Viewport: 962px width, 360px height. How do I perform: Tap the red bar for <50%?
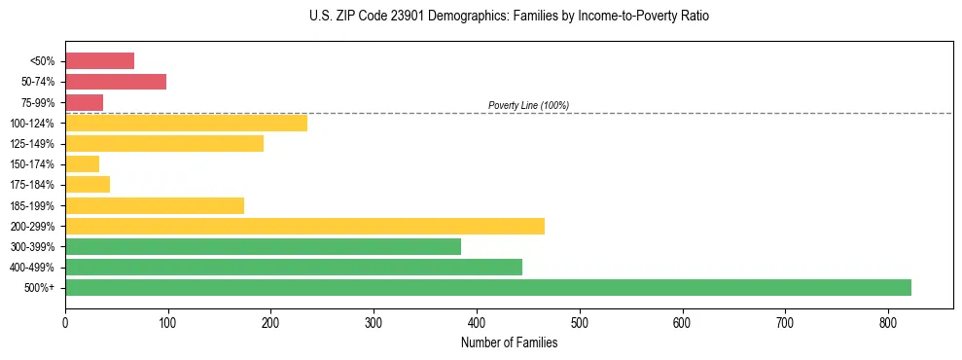[99, 60]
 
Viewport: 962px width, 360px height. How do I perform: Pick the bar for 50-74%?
[116, 82]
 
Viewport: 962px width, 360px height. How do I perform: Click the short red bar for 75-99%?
[84, 102]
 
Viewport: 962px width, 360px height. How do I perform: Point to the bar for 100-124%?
[186, 123]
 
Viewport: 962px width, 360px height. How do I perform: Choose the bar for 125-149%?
[164, 143]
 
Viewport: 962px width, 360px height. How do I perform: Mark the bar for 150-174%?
[82, 163]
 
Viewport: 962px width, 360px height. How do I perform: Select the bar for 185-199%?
[155, 205]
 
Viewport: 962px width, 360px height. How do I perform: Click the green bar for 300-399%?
[263, 246]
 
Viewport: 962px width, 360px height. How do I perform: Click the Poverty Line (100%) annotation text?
[528, 105]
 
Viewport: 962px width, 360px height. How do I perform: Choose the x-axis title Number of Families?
[509, 342]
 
